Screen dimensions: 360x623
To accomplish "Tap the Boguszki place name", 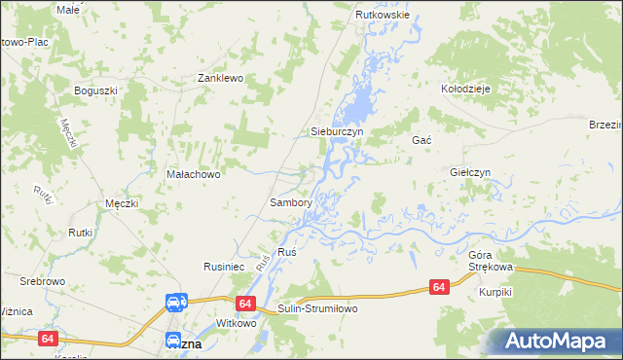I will [96, 90].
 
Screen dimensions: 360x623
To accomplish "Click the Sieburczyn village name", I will [336, 130].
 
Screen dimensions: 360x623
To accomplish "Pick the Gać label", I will [421, 140].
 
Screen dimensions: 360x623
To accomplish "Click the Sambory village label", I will [290, 203].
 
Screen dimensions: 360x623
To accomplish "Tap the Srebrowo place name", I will [42, 281].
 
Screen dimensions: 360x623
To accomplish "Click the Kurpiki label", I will [495, 292].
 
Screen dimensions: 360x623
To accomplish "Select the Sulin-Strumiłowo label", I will [318, 308].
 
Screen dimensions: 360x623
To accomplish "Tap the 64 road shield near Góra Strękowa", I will [440, 287].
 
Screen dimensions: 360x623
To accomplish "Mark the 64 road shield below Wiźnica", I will [48, 339].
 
